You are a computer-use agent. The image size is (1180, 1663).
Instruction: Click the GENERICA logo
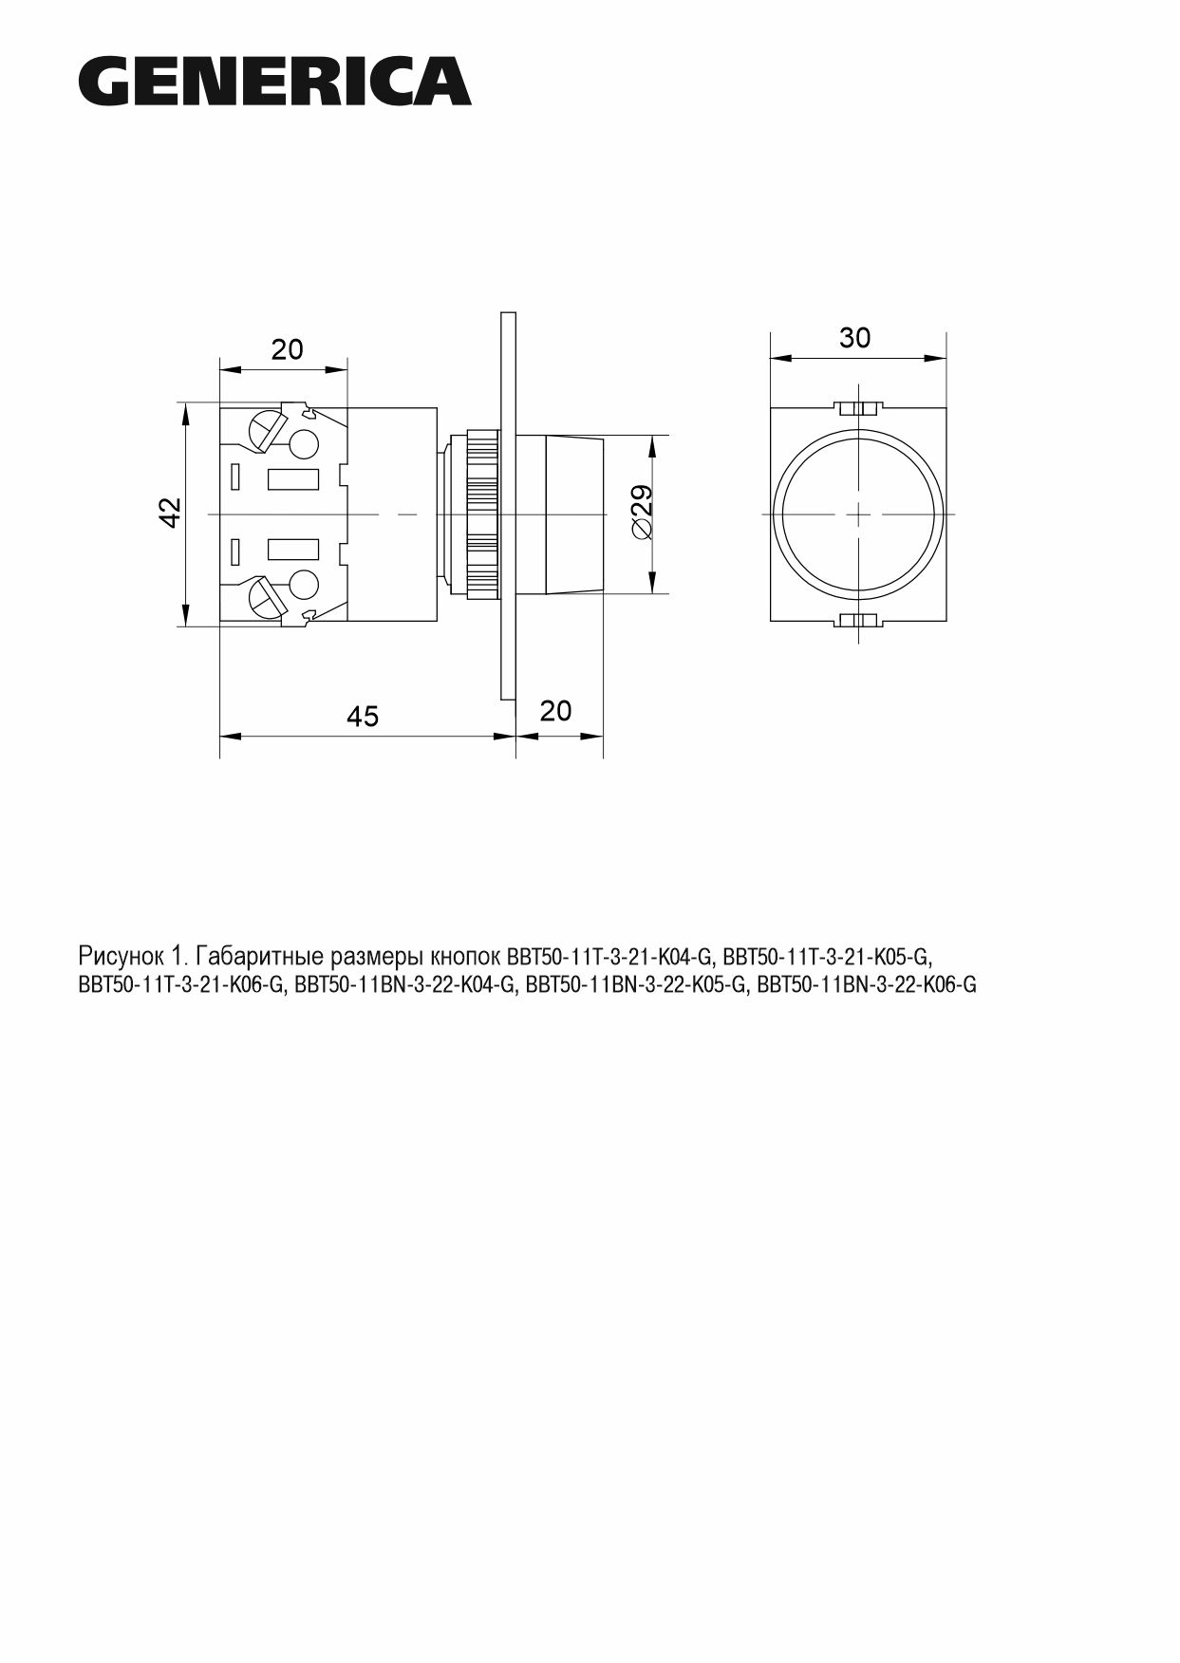click(274, 81)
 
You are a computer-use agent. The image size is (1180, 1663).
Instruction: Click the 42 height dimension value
click(169, 513)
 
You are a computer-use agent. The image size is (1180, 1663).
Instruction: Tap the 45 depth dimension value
click(363, 716)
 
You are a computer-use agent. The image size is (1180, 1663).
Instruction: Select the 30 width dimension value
click(854, 338)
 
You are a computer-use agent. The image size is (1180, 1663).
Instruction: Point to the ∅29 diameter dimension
click(642, 514)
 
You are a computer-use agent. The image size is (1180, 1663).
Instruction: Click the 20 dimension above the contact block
click(288, 349)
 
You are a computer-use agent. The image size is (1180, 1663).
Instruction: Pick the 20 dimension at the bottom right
click(556, 710)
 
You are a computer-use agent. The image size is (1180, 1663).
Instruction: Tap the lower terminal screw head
click(266, 597)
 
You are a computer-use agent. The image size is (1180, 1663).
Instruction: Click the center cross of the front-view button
click(857, 514)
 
